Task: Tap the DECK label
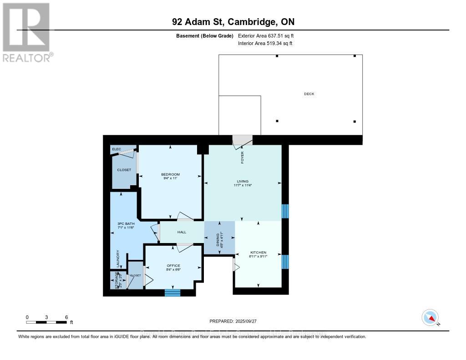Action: pos(309,94)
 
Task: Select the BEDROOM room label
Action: pos(170,174)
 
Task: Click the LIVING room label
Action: pos(242,181)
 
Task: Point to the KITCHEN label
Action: pos(258,253)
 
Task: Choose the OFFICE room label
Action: pos(173,266)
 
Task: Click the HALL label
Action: pos(182,232)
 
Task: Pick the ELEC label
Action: pos(116,149)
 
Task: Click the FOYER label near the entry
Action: pos(243,157)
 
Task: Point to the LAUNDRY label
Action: pos(118,259)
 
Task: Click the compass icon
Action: pos(430,317)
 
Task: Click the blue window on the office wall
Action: pos(172,293)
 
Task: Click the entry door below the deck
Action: pos(242,141)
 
